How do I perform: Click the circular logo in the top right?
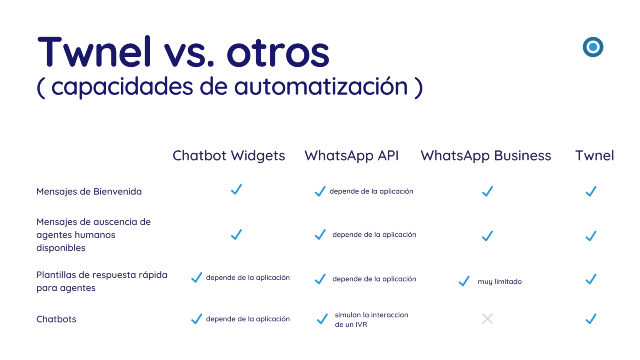(592, 46)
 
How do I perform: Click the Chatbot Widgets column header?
(229, 155)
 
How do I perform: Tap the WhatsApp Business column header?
(486, 155)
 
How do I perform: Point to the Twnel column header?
(594, 155)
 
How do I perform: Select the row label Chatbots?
(57, 319)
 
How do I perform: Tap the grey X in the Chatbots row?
(487, 319)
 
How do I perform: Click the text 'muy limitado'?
(499, 282)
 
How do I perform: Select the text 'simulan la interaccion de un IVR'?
(370, 319)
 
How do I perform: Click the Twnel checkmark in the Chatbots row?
(591, 319)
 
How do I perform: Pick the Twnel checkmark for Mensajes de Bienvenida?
(591, 190)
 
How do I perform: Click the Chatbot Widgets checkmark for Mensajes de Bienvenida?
(236, 189)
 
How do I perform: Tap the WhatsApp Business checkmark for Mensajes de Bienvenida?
(487, 190)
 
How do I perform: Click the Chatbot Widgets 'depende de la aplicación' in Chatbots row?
(248, 319)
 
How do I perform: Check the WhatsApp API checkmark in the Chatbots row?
(322, 320)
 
